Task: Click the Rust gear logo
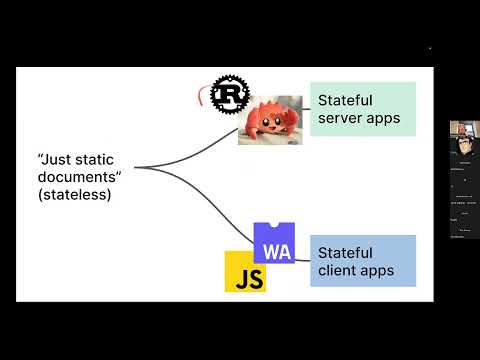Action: point(230,95)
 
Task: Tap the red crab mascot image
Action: point(270,120)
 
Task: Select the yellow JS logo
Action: point(245,271)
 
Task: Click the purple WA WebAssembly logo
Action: point(274,243)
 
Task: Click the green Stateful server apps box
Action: point(362,110)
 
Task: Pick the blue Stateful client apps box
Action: point(362,261)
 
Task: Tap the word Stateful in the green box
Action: point(345,101)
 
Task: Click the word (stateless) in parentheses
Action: point(73,196)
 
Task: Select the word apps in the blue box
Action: point(376,270)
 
